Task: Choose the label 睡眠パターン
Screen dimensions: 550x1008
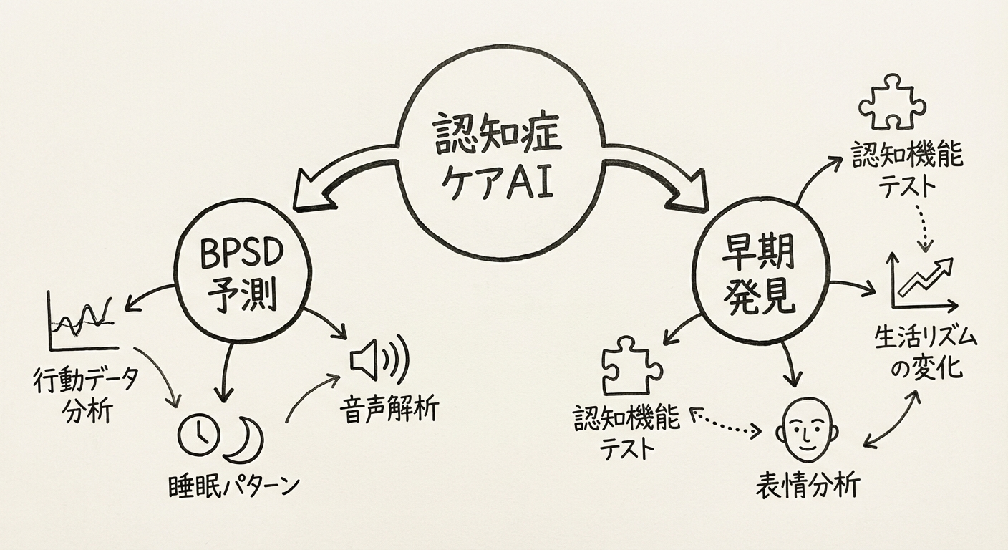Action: [229, 487]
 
